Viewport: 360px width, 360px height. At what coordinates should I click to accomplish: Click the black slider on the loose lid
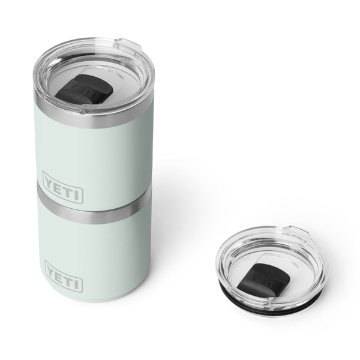tap(264, 277)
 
